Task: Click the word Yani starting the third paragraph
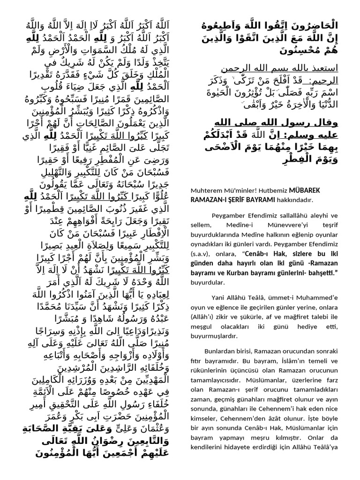219,298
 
